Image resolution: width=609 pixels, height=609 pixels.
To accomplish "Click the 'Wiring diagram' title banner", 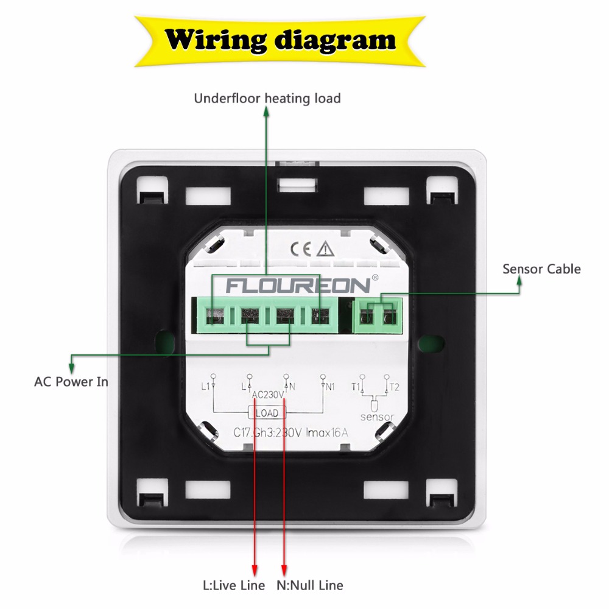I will (x=281, y=40).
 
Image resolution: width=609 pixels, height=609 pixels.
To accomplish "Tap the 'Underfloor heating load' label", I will (x=267, y=98).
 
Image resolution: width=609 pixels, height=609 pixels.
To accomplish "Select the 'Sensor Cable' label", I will (x=541, y=269).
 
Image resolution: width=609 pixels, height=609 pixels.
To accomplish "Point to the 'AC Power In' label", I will (x=71, y=382).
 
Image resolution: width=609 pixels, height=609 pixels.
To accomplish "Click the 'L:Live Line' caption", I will (x=234, y=585).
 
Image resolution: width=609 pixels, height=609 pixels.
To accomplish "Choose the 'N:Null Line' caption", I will (x=311, y=585).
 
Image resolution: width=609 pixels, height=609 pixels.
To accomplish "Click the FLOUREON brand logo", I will (x=298, y=284).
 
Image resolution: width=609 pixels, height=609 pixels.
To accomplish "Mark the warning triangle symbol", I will (x=327, y=248).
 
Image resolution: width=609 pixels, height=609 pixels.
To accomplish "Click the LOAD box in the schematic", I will (x=267, y=413).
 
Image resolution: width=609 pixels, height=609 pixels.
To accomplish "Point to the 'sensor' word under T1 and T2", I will (x=377, y=417).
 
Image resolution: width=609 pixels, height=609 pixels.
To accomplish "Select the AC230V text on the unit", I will (x=268, y=395).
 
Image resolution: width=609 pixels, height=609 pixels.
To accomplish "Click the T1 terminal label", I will (x=356, y=386).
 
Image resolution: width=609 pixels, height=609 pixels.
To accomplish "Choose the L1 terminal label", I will (x=205, y=386).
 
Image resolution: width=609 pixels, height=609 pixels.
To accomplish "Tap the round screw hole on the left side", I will (x=163, y=339).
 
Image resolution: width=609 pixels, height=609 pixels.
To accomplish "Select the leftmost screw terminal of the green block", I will (x=213, y=315).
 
